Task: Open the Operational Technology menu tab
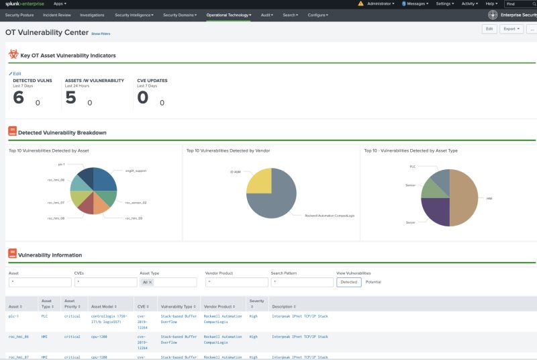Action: [229, 14]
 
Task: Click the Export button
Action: [513, 29]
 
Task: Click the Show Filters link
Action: [101, 32]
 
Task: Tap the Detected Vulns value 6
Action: [18, 98]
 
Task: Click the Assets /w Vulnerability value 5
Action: [70, 98]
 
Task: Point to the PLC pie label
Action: [413, 166]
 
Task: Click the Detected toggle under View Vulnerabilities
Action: [349, 282]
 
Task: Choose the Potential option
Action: [373, 282]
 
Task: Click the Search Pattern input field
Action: [302, 282]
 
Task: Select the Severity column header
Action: [256, 304]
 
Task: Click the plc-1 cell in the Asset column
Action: [13, 315]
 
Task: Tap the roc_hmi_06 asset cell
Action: [18, 336]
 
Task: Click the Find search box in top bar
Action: [520, 4]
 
